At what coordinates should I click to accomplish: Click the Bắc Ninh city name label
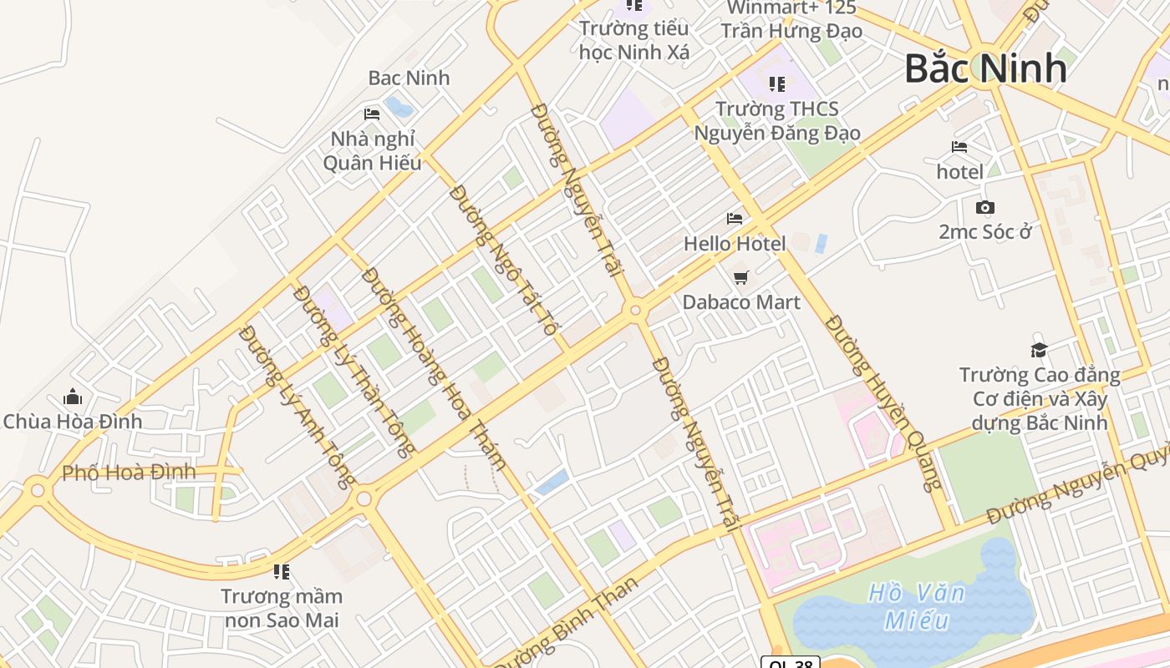[985, 68]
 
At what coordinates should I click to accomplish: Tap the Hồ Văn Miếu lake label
[917, 607]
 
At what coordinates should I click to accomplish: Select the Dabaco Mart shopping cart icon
[740, 277]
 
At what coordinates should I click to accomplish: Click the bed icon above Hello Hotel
[735, 219]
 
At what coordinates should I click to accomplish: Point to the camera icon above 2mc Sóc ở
[985, 207]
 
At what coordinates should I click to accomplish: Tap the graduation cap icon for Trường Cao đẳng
[1039, 350]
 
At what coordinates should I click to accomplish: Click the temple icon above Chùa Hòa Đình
[73, 396]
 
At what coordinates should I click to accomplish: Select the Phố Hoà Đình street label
[129, 473]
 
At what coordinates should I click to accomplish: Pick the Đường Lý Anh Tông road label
[298, 406]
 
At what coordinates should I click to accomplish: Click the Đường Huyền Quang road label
[884, 402]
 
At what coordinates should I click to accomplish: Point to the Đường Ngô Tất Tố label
[503, 261]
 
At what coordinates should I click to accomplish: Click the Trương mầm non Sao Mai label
[282, 608]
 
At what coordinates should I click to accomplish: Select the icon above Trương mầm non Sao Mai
[282, 572]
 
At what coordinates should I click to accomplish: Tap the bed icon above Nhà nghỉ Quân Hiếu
[372, 114]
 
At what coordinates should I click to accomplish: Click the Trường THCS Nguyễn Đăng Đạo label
[777, 121]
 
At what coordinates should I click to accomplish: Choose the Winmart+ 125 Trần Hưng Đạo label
[791, 20]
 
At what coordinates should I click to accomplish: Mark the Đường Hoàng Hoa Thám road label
[435, 368]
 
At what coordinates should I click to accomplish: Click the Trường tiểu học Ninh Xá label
[634, 40]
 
